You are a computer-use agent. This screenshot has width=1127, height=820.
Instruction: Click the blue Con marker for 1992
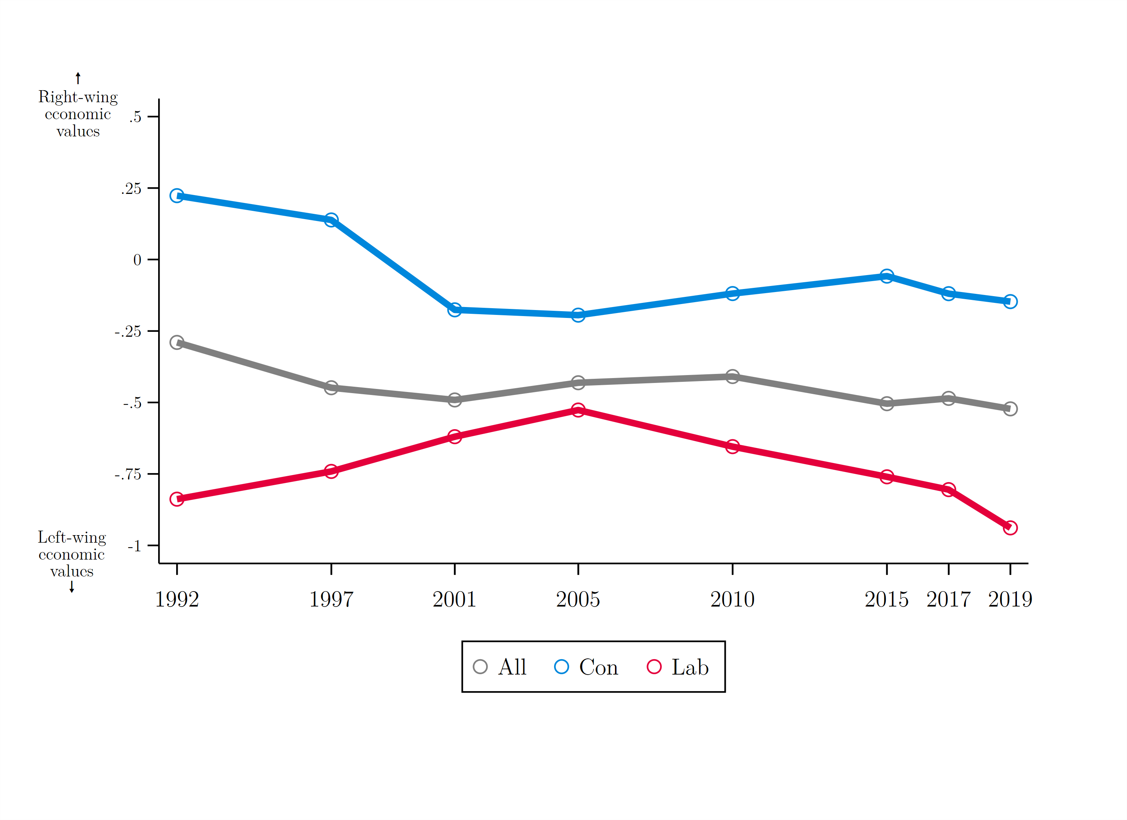(177, 196)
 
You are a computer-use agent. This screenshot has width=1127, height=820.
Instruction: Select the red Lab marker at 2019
(1010, 528)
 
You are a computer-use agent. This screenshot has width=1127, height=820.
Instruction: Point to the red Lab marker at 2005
(578, 410)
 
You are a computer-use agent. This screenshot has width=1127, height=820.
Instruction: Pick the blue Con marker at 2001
(454, 310)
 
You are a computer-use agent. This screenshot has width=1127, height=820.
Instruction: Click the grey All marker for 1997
(331, 387)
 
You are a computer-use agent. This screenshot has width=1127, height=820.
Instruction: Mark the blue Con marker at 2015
(887, 276)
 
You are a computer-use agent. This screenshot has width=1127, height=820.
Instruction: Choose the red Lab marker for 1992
(177, 499)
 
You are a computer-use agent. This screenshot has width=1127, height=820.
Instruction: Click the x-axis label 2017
(948, 599)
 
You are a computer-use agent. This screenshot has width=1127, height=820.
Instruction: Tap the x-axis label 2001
(454, 599)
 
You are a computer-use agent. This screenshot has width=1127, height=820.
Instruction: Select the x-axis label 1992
(177, 599)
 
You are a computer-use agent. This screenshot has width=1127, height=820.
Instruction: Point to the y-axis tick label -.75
(128, 475)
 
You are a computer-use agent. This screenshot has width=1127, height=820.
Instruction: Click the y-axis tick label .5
(135, 117)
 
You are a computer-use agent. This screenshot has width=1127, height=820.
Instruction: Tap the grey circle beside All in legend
(480, 667)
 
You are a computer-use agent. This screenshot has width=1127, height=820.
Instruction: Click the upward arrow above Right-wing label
(78, 78)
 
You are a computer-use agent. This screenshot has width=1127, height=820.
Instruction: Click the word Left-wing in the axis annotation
(72, 537)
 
